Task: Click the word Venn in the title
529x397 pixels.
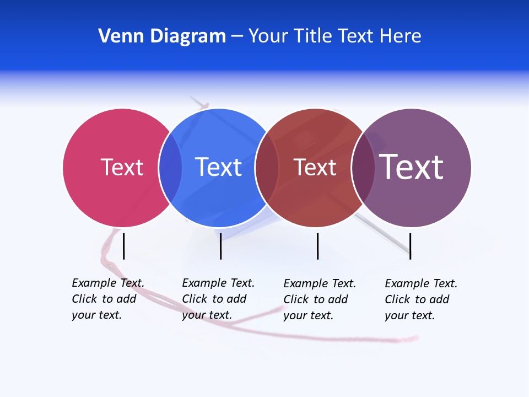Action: [x=116, y=36]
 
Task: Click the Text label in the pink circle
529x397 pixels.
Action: [x=122, y=167]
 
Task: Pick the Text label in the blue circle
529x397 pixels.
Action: [x=218, y=167]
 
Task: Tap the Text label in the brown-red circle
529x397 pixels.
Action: [x=315, y=167]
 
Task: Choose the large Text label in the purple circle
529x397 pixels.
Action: [x=412, y=167]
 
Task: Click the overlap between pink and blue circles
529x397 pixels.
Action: [x=170, y=167]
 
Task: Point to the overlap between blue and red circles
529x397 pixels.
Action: [x=266, y=167]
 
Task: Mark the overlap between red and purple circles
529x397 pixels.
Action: [x=363, y=167]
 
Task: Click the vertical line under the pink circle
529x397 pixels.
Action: [x=124, y=246]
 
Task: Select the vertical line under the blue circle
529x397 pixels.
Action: [x=220, y=246]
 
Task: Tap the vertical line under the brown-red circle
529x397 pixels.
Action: [x=317, y=246]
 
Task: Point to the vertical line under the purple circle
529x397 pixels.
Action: [x=410, y=246]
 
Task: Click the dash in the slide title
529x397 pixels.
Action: [x=237, y=36]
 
